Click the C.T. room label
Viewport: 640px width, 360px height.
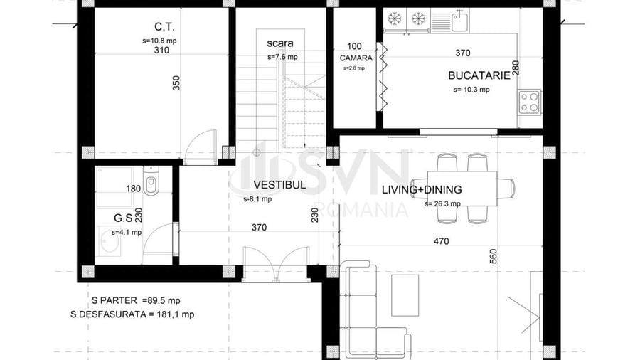click(x=164, y=27)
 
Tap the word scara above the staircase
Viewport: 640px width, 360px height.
click(x=280, y=43)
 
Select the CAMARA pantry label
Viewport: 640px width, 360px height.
click(x=356, y=58)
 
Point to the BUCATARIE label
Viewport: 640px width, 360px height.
click(x=479, y=75)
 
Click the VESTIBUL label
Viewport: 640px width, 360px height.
click(x=279, y=185)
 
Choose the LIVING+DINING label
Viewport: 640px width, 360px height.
click(x=422, y=190)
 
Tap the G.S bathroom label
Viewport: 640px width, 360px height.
click(x=123, y=218)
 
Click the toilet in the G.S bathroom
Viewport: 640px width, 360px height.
click(x=151, y=181)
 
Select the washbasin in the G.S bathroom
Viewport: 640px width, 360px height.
click(x=110, y=241)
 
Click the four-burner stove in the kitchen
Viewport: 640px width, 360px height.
click(x=529, y=102)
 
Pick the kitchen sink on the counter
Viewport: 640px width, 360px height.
click(x=460, y=19)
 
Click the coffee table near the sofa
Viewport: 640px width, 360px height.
click(x=405, y=295)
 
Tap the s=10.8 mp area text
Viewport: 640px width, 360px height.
click(x=159, y=41)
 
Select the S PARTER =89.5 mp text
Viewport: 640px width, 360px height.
click(x=136, y=300)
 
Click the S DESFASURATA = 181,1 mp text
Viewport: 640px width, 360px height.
click(x=132, y=314)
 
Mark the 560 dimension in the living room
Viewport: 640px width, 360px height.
click(x=494, y=256)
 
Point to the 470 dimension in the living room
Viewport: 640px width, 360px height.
click(x=441, y=241)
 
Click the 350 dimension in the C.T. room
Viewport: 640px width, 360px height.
click(x=176, y=83)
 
